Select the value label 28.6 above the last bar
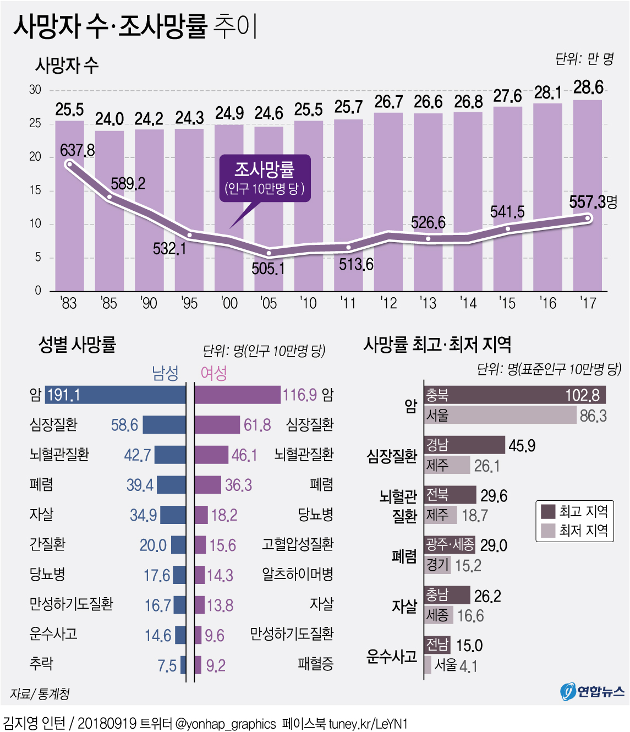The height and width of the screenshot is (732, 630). (x=588, y=88)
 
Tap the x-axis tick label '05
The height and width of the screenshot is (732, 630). (x=269, y=303)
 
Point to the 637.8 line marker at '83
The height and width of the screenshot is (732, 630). (x=69, y=164)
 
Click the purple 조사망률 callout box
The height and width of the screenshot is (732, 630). (x=265, y=177)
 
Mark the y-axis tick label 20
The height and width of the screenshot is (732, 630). (x=35, y=157)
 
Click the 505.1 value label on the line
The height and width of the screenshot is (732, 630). (x=268, y=269)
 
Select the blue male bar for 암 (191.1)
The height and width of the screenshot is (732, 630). (x=116, y=395)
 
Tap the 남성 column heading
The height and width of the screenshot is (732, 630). (x=165, y=374)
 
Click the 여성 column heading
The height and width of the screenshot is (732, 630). (x=214, y=374)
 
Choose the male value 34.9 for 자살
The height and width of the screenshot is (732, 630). (x=143, y=515)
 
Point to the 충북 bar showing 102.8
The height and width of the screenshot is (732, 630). (x=514, y=395)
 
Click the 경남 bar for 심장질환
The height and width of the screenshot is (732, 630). (x=464, y=445)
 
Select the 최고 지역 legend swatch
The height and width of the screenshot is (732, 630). (x=548, y=511)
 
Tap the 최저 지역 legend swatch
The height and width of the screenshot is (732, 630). (x=548, y=531)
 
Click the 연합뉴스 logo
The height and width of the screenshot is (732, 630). (x=593, y=691)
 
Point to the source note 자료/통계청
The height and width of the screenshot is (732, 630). (x=40, y=694)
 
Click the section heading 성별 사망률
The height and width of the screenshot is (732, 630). (x=77, y=345)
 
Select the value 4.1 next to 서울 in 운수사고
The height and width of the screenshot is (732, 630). (x=468, y=667)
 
